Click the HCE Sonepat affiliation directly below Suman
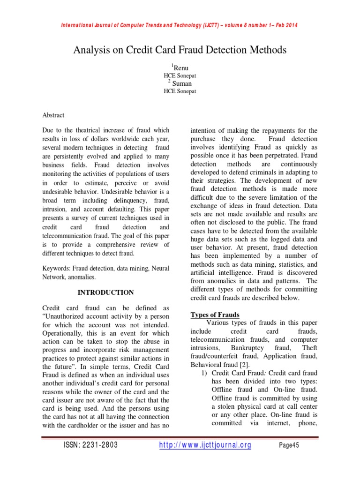click(x=180, y=91)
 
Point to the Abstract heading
click(x=53, y=115)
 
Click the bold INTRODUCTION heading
click(x=105, y=292)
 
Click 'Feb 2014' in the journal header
click(x=285, y=25)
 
